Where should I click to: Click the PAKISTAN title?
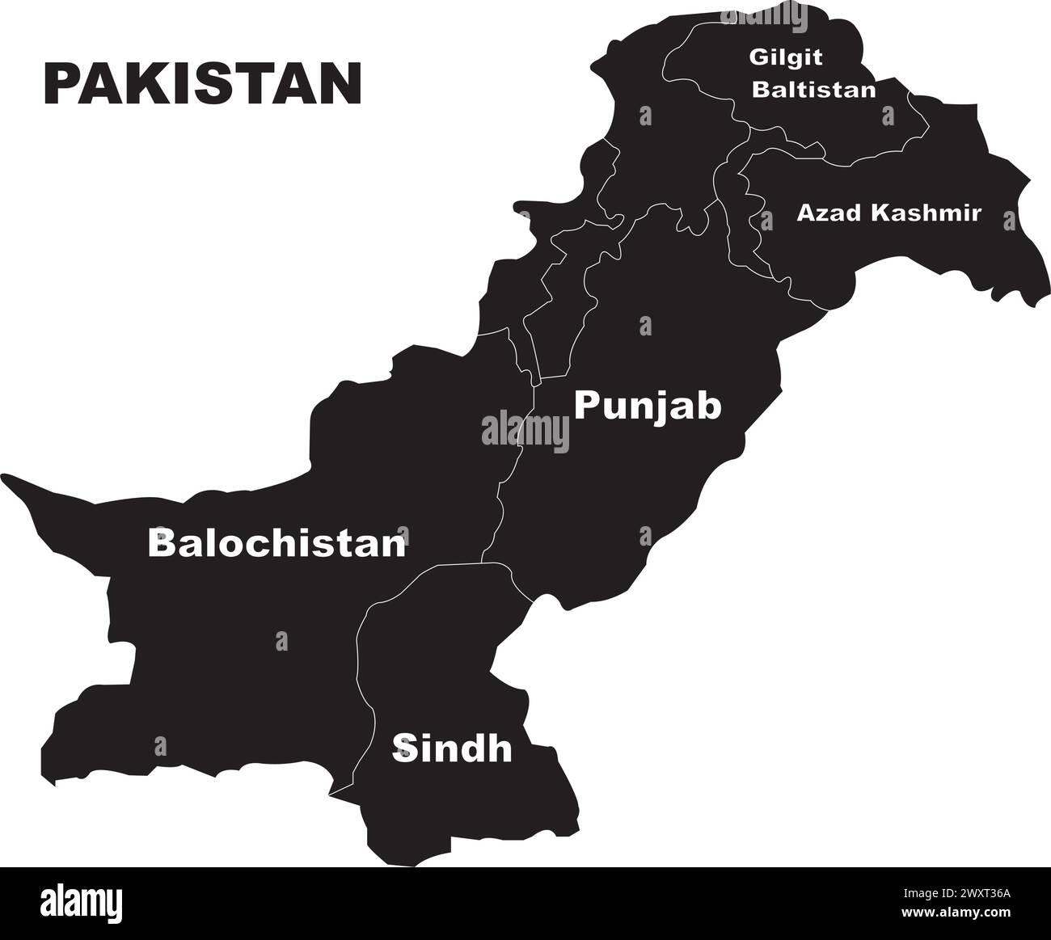[201, 82]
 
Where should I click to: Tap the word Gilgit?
[775, 58]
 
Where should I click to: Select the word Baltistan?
[813, 89]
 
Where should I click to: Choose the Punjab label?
[647, 406]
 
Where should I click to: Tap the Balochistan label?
[276, 543]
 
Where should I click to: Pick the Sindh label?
[452, 749]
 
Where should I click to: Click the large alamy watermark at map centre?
[525, 429]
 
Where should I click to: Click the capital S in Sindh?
[403, 749]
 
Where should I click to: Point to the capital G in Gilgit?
[757, 58]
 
